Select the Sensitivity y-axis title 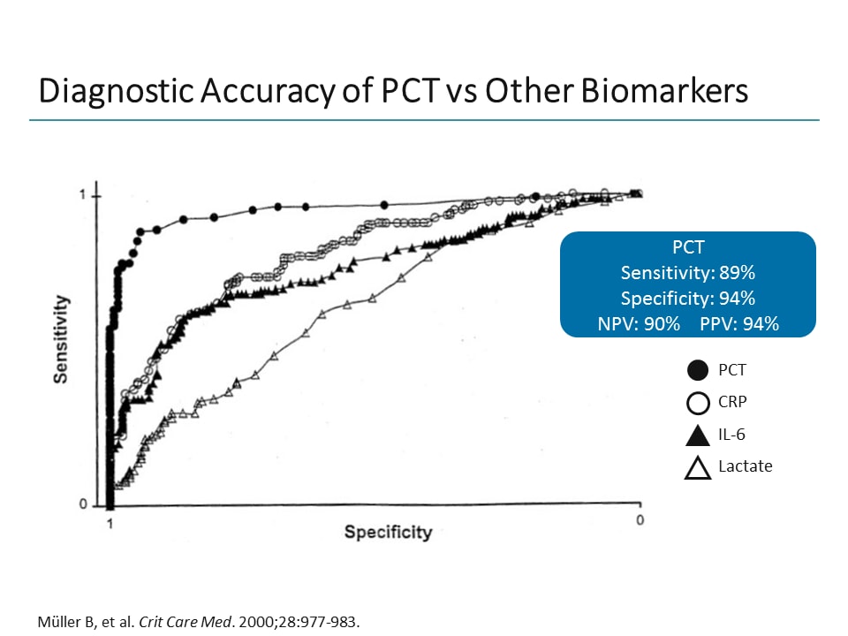[61, 339]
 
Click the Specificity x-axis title [388, 532]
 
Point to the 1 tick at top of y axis [82, 194]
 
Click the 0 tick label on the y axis [82, 505]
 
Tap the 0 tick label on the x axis [640, 520]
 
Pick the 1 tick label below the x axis [110, 523]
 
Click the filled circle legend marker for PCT [698, 371]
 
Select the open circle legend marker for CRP [698, 403]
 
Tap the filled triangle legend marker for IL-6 [698, 435]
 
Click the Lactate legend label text [745, 466]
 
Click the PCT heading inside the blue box [687, 247]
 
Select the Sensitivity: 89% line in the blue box [687, 272]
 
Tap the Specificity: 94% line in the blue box [687, 298]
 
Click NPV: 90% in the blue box [639, 323]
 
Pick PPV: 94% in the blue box [739, 323]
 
